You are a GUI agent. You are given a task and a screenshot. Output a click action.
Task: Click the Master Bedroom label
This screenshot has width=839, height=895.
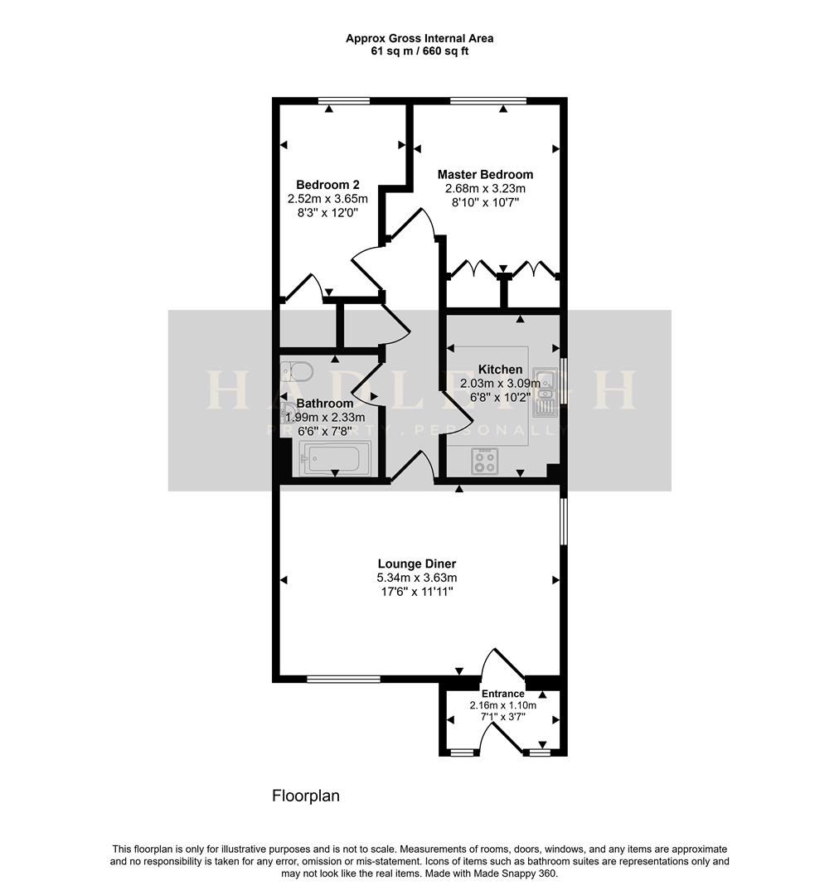pyautogui.click(x=485, y=174)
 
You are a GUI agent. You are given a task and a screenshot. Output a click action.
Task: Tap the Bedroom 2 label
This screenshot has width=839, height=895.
pyautogui.click(x=327, y=184)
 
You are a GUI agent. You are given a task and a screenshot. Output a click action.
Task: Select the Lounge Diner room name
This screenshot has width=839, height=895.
pyautogui.click(x=418, y=564)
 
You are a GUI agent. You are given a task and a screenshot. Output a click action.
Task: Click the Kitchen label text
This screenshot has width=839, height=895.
pyautogui.click(x=500, y=370)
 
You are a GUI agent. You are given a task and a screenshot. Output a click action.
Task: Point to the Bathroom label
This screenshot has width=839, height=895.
pyautogui.click(x=325, y=404)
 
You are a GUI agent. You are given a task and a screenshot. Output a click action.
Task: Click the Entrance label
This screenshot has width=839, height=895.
pyautogui.click(x=502, y=694)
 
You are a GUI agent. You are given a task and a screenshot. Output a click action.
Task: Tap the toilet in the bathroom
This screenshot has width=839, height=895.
pyautogui.click(x=297, y=371)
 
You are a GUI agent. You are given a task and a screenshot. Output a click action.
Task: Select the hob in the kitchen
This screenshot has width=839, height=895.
pyautogui.click(x=484, y=462)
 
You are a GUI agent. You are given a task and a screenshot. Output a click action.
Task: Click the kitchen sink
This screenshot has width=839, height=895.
pyautogui.click(x=545, y=392)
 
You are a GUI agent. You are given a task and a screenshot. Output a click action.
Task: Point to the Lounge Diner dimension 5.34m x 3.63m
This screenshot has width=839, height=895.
pyautogui.click(x=418, y=578)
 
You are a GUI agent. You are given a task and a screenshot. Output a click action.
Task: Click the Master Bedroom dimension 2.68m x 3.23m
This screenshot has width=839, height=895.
pyautogui.click(x=485, y=188)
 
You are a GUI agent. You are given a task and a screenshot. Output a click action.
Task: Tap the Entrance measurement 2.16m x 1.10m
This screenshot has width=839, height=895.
pyautogui.click(x=502, y=705)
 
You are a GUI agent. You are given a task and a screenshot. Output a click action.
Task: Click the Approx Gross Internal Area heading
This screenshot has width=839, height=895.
pyautogui.click(x=419, y=38)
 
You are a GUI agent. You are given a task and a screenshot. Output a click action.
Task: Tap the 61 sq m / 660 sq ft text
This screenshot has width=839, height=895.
pyautogui.click(x=419, y=51)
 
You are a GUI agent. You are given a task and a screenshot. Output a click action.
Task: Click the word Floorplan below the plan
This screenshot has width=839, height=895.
pyautogui.click(x=306, y=796)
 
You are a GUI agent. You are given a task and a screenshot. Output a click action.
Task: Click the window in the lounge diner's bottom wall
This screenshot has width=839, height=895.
pyautogui.click(x=343, y=679)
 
